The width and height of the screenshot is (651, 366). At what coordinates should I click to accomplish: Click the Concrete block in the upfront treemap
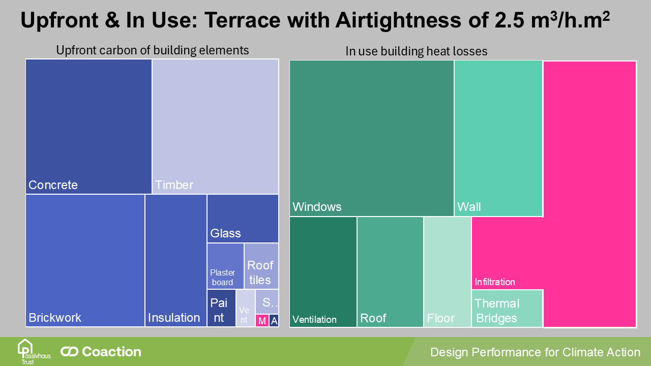coord(88,126)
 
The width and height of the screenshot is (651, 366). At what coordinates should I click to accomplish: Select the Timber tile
coord(215,126)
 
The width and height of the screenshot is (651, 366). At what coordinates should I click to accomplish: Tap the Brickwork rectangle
coord(85,260)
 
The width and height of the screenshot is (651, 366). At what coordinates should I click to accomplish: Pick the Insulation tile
coord(175,260)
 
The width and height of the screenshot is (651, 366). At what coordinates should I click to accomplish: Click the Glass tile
coord(243,219)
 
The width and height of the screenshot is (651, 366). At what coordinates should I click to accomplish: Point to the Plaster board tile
coord(225,266)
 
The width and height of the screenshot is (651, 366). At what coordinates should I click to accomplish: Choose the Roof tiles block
coord(261,266)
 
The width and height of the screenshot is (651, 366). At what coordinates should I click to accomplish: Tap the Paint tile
coord(221,308)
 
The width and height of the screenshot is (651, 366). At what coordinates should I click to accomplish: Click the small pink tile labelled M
coord(262,321)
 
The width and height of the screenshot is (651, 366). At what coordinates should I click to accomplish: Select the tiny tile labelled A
coord(274,321)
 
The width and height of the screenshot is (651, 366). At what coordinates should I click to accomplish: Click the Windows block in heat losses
coord(371,138)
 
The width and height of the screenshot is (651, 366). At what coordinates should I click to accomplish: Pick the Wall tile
coord(498,138)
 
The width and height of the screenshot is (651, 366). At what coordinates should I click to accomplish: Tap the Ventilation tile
coord(323,271)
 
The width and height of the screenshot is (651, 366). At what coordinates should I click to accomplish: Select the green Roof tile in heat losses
coord(390,271)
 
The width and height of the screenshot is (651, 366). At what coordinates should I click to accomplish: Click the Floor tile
coord(447,271)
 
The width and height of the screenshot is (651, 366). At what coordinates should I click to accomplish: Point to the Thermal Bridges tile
coord(507,309)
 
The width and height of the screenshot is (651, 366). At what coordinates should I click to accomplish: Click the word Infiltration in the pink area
coord(495,282)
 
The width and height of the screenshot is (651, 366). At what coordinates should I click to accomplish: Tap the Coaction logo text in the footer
coord(102,352)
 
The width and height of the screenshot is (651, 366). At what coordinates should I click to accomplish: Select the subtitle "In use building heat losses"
coord(416,51)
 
